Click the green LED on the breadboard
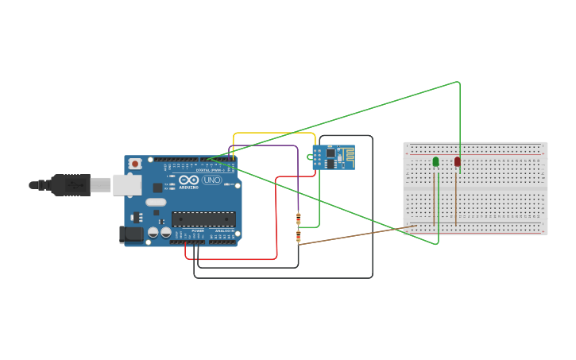pos(435,162)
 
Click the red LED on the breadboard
pos(457,161)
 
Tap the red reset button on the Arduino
pos(136,164)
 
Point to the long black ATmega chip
pos(203,219)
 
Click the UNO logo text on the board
pos(212,180)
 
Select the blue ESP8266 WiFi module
pos(333,157)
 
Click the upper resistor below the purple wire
pos(298,219)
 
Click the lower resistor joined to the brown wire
pos(298,235)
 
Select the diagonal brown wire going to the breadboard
pos(358,234)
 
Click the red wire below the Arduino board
pos(230,259)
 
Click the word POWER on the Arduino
pos(198,230)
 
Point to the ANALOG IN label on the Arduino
pos(225,230)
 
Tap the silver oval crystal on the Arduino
pos(157,202)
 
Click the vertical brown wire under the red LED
pos(455,199)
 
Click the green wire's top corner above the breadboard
pos(458,82)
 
